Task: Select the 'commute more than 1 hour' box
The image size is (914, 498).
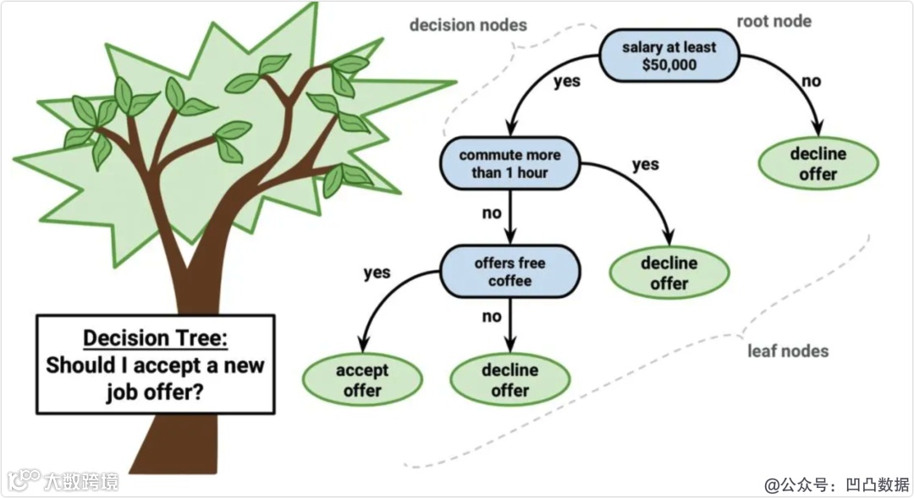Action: (509, 164)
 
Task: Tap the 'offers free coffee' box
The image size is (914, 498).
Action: (509, 271)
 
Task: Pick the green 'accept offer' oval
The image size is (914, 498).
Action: (362, 380)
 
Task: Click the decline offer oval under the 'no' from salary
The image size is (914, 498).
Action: (818, 164)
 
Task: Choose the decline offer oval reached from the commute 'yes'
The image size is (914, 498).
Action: (669, 273)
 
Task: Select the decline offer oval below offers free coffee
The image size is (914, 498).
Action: (509, 380)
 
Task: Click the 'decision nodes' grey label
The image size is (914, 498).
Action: (468, 25)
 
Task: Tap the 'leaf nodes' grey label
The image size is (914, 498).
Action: (788, 351)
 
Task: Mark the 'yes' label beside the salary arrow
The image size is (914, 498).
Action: (566, 82)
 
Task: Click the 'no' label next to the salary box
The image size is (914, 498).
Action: (811, 81)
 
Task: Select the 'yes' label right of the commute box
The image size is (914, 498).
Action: (645, 163)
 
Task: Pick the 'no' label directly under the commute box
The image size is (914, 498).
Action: (492, 213)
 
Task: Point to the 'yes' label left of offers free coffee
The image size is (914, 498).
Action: (377, 273)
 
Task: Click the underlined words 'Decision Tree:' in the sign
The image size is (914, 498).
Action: (155, 338)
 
